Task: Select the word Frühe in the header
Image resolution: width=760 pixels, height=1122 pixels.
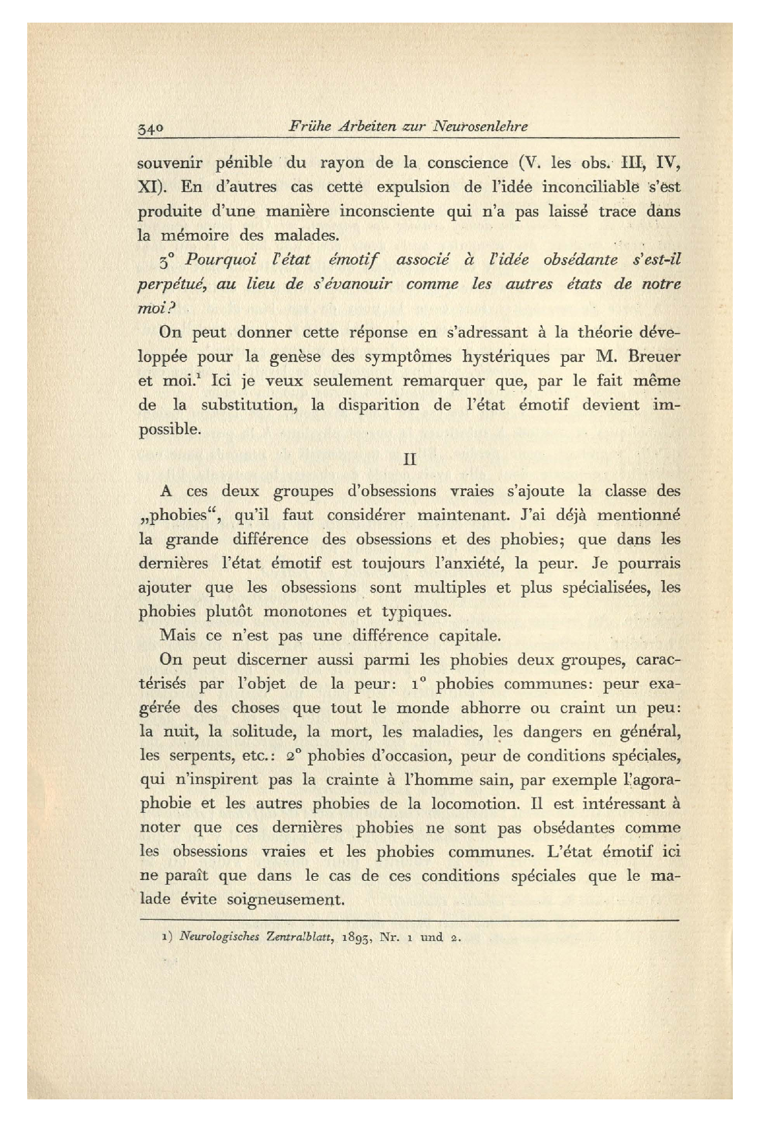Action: (x=309, y=127)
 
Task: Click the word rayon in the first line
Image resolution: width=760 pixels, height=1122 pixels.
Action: (x=343, y=163)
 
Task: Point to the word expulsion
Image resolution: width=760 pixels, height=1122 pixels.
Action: (x=413, y=188)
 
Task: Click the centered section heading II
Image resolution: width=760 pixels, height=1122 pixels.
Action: (x=409, y=459)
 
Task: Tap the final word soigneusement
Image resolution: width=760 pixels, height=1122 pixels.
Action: (x=287, y=900)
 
